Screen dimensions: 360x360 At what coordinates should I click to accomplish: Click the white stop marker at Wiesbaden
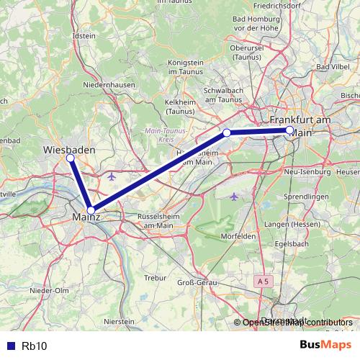71,158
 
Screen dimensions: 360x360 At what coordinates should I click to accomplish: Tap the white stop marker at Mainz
91,210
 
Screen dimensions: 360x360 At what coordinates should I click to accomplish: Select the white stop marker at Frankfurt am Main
289,130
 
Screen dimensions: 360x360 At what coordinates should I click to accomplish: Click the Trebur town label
156,276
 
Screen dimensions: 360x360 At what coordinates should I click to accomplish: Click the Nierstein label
120,321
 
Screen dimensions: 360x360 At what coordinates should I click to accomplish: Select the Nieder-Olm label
49,290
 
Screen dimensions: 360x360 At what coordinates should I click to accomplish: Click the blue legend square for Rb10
9,346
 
